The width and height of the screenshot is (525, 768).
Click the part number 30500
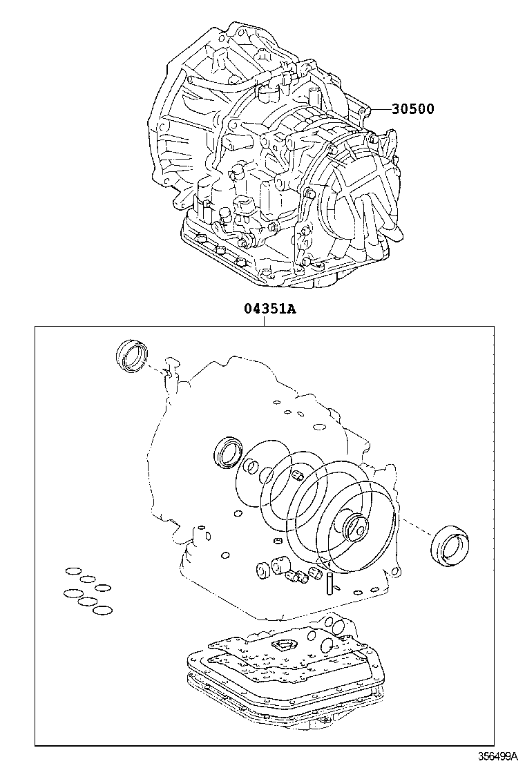(413, 108)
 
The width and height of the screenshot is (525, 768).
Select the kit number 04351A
(269, 309)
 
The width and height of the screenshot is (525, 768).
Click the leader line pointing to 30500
(381, 109)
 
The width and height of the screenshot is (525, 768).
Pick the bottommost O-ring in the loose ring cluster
(102, 611)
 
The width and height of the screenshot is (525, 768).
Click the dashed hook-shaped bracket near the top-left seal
(169, 367)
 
